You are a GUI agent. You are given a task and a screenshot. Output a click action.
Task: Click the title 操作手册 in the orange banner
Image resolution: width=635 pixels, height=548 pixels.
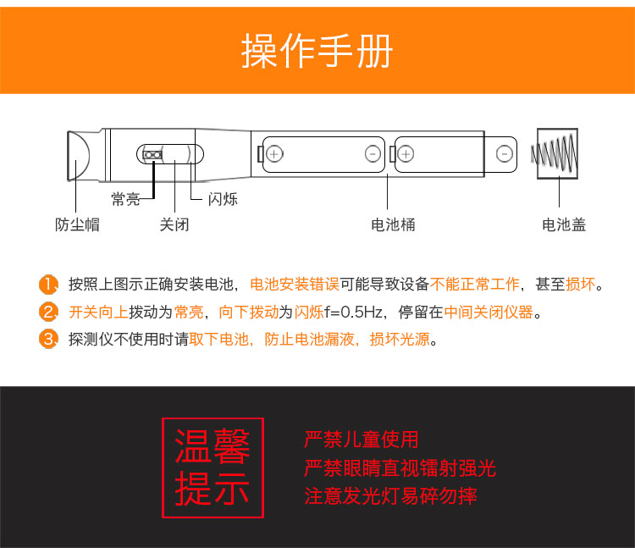[317, 51]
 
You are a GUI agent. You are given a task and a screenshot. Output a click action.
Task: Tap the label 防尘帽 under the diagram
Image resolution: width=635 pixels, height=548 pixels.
[77, 224]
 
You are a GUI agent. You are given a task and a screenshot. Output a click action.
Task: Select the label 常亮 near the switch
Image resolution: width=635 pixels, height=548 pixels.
[125, 199]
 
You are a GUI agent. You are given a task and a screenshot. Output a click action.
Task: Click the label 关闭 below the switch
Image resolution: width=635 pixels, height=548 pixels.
[174, 224]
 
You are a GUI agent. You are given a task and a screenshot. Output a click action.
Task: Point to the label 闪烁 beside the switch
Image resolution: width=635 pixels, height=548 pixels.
[223, 199]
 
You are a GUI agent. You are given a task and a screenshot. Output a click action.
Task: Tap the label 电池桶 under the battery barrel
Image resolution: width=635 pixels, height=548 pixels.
[393, 224]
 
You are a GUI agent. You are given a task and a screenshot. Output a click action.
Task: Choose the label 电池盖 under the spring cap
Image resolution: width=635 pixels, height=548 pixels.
[564, 224]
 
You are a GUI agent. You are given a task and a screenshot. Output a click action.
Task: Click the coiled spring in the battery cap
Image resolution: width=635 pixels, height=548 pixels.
[554, 153]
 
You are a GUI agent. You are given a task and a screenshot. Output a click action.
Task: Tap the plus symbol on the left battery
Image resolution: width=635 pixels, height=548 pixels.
[274, 154]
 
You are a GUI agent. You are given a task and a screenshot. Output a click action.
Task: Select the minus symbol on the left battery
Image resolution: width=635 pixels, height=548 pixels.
[373, 154]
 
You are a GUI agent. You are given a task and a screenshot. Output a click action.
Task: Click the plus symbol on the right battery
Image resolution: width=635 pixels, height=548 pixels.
[406, 154]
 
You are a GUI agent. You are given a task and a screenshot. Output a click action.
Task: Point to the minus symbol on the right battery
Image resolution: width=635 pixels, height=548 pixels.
[505, 154]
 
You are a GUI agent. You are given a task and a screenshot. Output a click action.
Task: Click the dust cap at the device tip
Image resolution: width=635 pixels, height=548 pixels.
[79, 156]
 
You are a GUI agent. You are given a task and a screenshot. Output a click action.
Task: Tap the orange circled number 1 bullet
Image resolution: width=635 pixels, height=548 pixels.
[48, 285]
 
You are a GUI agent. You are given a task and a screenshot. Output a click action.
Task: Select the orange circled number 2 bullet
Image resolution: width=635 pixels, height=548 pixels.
[48, 312]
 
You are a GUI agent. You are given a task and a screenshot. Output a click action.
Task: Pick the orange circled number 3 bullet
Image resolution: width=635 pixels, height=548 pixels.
[48, 339]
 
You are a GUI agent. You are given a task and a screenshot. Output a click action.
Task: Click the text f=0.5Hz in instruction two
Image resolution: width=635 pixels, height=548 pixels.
[353, 313]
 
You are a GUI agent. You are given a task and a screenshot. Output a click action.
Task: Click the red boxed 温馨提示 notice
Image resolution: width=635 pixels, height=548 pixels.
[213, 468]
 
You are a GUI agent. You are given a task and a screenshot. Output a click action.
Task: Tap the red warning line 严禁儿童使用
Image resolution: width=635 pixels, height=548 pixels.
[362, 440]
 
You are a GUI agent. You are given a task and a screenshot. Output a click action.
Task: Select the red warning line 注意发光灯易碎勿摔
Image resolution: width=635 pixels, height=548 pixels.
[391, 496]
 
